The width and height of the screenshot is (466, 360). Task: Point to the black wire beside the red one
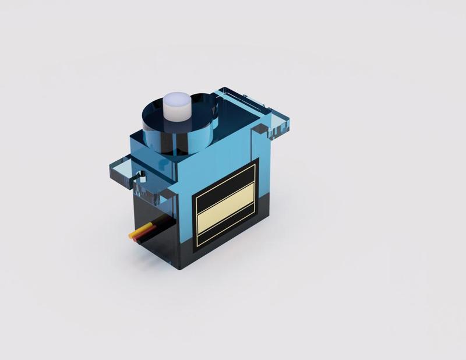(150, 235)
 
